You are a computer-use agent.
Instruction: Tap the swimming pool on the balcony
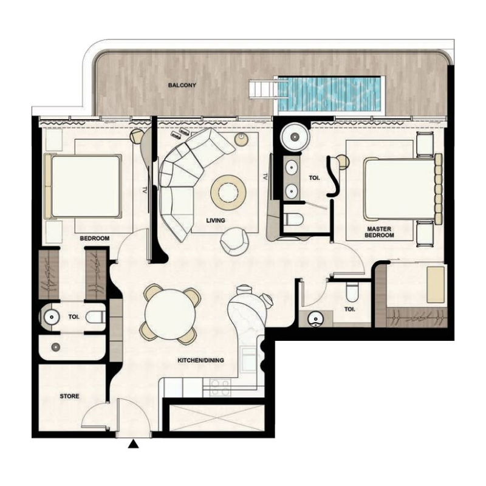(330, 94)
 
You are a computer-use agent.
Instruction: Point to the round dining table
(171, 313)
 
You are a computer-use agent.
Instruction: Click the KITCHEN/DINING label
(200, 360)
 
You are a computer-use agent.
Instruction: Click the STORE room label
(69, 396)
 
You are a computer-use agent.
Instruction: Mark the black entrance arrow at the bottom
(134, 447)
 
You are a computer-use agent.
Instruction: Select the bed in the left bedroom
(83, 187)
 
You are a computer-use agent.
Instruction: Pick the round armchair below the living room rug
(234, 241)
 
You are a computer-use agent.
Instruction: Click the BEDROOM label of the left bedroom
(95, 239)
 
